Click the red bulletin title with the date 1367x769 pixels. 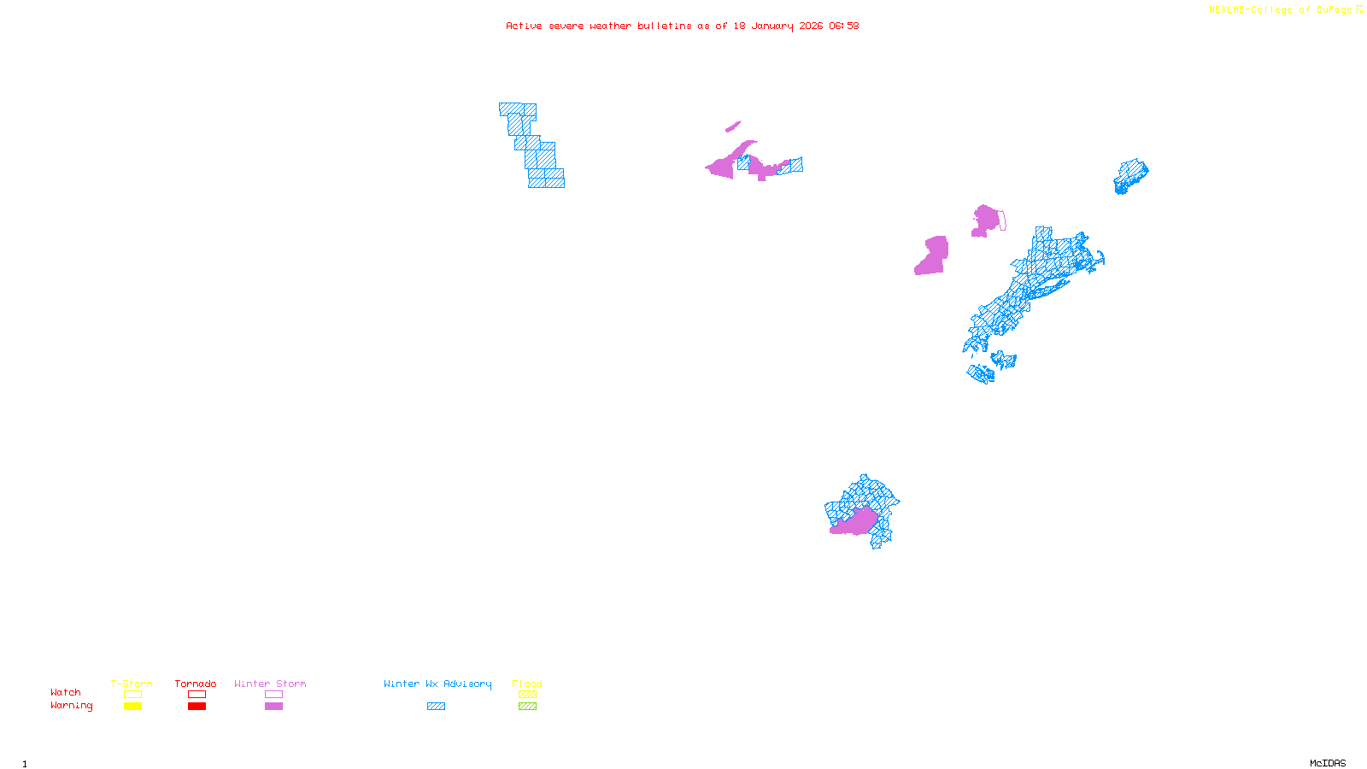tap(682, 26)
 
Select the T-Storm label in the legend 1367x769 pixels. tap(132, 684)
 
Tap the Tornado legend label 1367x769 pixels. tap(196, 684)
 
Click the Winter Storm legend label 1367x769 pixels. tap(270, 684)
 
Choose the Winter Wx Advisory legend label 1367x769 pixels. tap(437, 684)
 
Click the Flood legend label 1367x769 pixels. tap(527, 684)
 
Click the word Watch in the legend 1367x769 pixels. tap(66, 692)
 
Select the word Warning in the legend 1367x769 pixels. tap(71, 706)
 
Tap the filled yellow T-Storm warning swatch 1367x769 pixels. tap(132, 707)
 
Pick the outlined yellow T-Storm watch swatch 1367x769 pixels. tap(132, 695)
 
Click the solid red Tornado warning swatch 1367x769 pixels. tap(197, 707)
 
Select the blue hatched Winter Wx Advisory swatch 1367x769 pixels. tap(436, 707)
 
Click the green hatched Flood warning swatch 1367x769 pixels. tap(528, 707)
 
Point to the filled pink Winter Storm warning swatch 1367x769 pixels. tap(273, 707)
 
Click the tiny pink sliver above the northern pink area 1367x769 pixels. tap(733, 127)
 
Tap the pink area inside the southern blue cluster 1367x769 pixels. tap(855, 522)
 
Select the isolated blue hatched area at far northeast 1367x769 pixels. tap(1130, 176)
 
